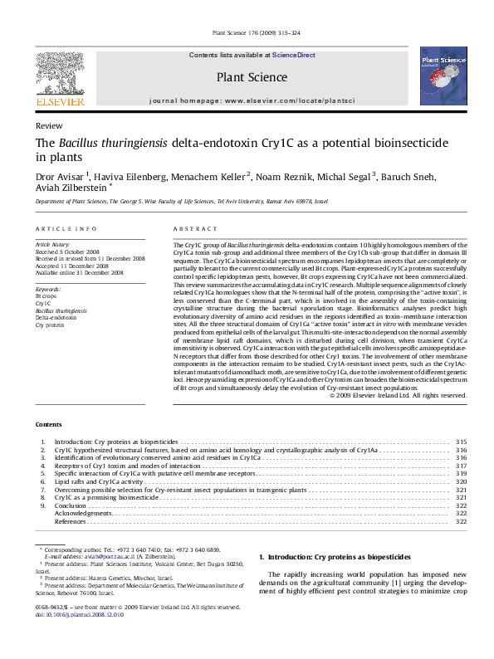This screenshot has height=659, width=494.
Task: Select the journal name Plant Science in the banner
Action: (x=252, y=78)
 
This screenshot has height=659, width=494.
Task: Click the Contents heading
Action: (x=49, y=424)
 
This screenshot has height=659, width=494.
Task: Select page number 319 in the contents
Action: (x=462, y=473)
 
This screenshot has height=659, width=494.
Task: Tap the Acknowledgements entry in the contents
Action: (x=83, y=513)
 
